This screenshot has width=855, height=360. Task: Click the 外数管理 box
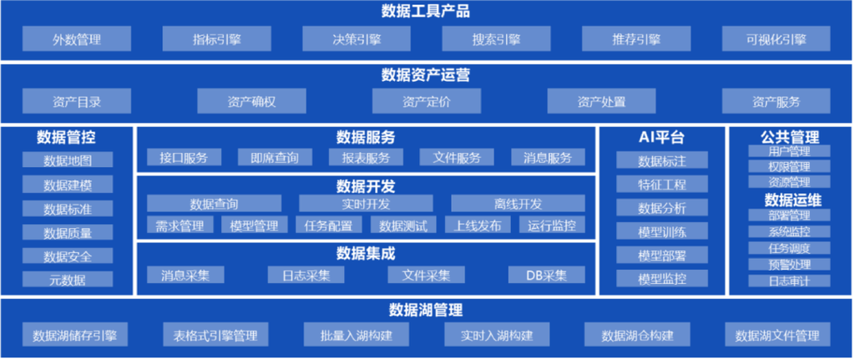[x=77, y=38]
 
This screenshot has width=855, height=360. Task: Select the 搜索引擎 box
[x=496, y=38]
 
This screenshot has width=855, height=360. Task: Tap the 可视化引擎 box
[x=776, y=38]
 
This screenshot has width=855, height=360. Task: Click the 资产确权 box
[x=251, y=101]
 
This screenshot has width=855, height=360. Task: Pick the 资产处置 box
[x=601, y=101]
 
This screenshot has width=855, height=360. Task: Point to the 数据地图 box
[x=68, y=160]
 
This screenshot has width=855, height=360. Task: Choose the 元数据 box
[x=68, y=279]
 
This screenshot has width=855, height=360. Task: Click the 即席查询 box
[x=275, y=158]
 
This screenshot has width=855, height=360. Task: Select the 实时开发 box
[x=366, y=204]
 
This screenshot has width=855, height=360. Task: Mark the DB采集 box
[x=546, y=274]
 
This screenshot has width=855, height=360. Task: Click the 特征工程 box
[x=662, y=184]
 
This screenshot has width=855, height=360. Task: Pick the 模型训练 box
[x=662, y=231]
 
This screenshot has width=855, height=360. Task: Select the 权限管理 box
[x=789, y=166]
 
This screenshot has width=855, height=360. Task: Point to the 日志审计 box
[x=789, y=281]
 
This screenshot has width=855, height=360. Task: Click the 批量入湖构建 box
[x=357, y=334]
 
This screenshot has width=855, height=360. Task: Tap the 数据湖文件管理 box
[x=777, y=334]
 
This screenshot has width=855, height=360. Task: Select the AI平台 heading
[x=661, y=138]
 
